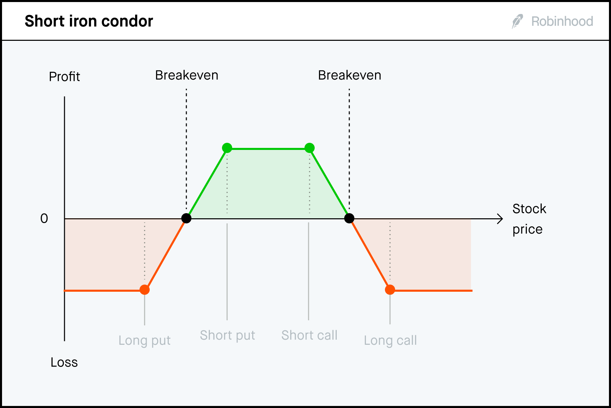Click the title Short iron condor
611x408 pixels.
pyautogui.click(x=89, y=21)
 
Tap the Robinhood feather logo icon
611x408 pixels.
pyautogui.click(x=517, y=21)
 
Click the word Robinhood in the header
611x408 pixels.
pyautogui.click(x=562, y=21)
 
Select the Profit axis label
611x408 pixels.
pyautogui.click(x=64, y=77)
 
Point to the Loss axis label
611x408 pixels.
pyautogui.click(x=64, y=362)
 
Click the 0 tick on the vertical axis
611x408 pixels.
pyautogui.click(x=44, y=219)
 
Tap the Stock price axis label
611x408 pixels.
pyautogui.click(x=529, y=219)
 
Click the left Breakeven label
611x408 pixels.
pyautogui.click(x=187, y=75)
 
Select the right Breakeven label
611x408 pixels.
pyautogui.click(x=350, y=75)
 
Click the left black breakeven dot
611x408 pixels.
pyautogui.click(x=186, y=218)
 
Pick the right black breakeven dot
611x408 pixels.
pyautogui.click(x=349, y=218)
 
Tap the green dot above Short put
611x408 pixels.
pyautogui.click(x=227, y=148)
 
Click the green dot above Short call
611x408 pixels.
pyautogui.click(x=310, y=148)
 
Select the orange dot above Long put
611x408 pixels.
pyautogui.click(x=145, y=290)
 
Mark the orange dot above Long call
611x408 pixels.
pyautogui.click(x=390, y=290)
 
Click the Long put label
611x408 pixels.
pyautogui.click(x=145, y=340)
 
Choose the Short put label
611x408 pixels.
pyautogui.click(x=227, y=335)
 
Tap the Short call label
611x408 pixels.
pyautogui.click(x=309, y=335)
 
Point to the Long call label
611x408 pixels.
pyautogui.click(x=390, y=340)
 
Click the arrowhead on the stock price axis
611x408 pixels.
pyautogui.click(x=500, y=219)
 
